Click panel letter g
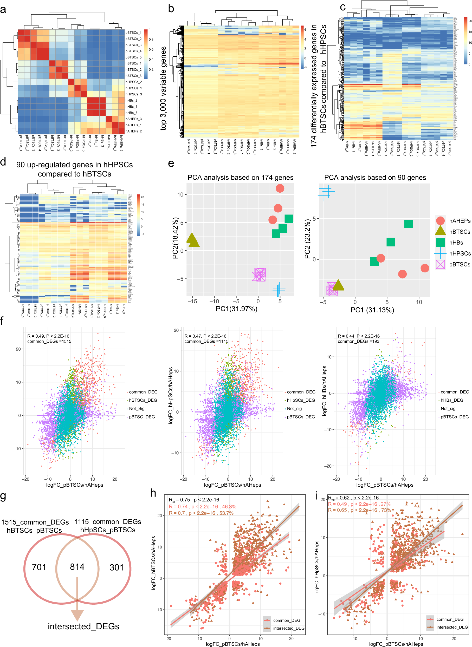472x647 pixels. coord(3,496)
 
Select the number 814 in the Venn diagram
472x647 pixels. coord(77,566)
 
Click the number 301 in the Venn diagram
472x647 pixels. coord(117,567)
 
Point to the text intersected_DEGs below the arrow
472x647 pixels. coord(83,626)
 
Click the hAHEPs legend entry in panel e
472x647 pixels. coord(460,221)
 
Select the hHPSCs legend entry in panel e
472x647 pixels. coord(460,253)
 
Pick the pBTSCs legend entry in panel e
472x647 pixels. coord(460,264)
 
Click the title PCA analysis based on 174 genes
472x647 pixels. coord(240,177)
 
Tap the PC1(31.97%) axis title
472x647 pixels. coord(236,309)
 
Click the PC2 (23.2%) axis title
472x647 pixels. coord(307,239)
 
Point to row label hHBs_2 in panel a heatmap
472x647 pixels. coord(131,101)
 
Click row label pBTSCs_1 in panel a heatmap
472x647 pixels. coord(133,32)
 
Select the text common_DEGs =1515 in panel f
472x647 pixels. coord(49,341)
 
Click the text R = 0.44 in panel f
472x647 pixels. coord(346,336)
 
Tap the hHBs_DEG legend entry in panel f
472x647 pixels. coord(451,400)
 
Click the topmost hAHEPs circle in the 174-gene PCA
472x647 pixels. coord(280,188)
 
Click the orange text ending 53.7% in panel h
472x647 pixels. coord(201,513)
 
